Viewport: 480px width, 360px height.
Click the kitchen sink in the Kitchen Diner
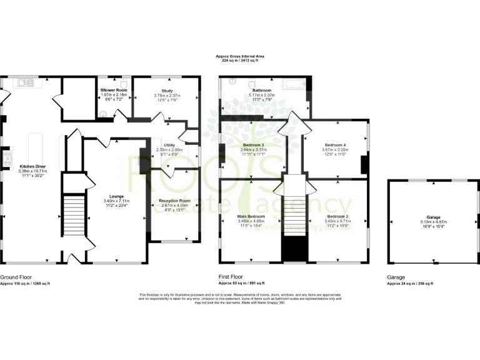coord(25,82)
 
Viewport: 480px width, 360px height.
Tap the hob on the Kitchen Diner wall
coord(7,159)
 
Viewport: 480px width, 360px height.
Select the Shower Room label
coord(114,90)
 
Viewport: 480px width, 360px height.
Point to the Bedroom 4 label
coord(334,145)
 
